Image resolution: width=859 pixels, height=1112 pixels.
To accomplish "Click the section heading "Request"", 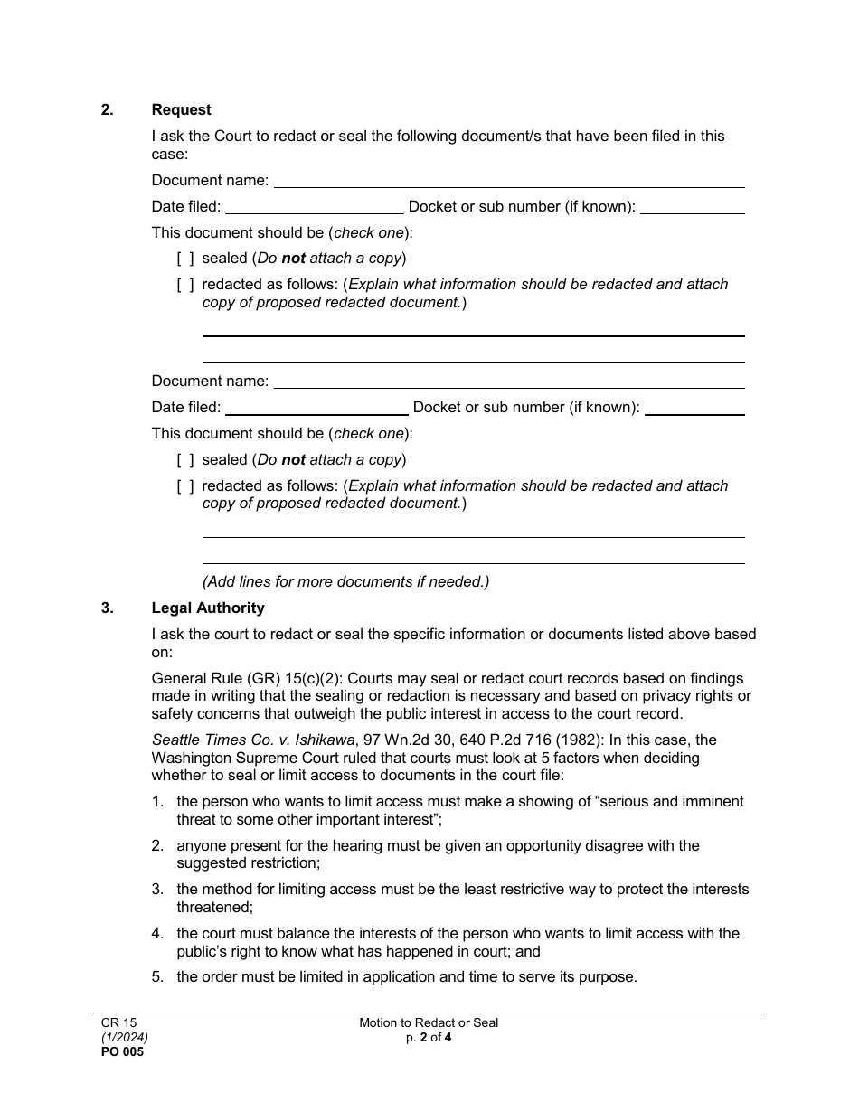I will (x=181, y=110).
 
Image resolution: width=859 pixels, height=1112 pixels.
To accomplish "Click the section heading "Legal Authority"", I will (x=208, y=608).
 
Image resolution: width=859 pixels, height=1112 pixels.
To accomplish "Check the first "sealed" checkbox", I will (x=185, y=259).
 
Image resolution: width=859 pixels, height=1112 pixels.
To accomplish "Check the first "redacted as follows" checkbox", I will (x=185, y=285).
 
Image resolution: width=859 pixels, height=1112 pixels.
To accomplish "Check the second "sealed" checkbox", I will (x=185, y=460).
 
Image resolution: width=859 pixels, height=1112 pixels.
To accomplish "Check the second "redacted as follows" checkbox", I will (x=185, y=486).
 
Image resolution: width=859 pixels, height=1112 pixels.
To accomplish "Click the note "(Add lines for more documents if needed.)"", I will (x=345, y=582).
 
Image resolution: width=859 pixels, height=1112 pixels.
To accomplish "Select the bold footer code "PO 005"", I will (x=122, y=1052).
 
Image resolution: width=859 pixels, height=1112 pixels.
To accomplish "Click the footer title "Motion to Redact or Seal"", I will (x=429, y=1023).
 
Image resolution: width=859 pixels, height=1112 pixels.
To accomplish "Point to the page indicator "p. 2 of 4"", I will (x=429, y=1038).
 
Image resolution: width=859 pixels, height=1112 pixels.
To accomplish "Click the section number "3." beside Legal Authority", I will (x=108, y=608).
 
